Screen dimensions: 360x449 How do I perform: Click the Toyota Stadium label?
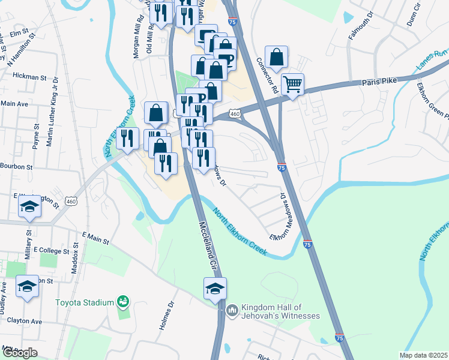click(x=85, y=302)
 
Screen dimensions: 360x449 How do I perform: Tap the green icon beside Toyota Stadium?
click(x=124, y=300)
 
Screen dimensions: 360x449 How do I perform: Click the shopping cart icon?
click(x=292, y=84)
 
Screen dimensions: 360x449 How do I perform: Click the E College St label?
click(x=52, y=249)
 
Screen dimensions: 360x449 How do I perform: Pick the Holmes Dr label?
click(x=167, y=316)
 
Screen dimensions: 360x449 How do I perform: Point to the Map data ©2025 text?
click(x=423, y=355)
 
